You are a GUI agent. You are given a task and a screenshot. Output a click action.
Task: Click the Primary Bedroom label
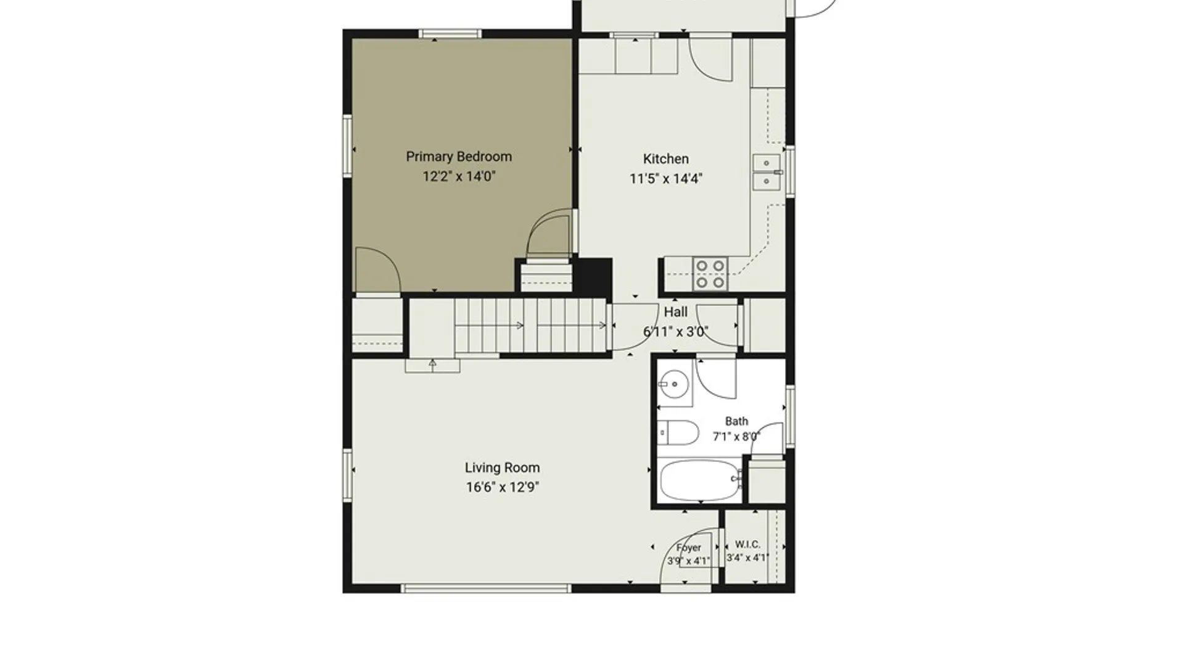pos(459,157)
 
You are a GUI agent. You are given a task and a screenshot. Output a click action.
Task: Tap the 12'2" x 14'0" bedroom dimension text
pos(459,176)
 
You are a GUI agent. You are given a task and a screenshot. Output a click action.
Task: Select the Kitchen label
pos(666,159)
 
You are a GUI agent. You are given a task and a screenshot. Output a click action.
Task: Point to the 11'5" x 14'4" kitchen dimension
pos(666,179)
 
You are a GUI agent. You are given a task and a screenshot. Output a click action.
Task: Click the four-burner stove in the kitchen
pos(710,274)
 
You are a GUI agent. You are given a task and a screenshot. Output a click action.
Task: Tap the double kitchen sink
pos(767,172)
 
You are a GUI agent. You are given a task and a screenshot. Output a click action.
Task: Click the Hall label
pos(676,312)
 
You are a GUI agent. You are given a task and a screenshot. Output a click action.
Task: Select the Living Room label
pos(502,468)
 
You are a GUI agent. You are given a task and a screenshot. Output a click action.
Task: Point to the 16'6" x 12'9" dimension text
pos(502,487)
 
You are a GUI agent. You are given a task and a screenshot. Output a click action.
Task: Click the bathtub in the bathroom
pos(701,480)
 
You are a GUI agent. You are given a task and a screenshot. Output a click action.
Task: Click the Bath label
pos(736,421)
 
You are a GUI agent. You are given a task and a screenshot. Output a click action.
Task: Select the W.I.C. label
pos(747,545)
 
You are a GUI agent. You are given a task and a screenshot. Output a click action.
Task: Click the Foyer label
pos(688,548)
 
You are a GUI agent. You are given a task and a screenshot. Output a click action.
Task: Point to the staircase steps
pos(532,326)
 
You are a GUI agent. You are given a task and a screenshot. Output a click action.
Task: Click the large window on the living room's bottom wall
pos(486,589)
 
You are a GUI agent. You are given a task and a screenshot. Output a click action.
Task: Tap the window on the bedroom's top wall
pos(450,34)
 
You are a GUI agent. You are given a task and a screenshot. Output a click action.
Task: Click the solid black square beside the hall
pos(593,276)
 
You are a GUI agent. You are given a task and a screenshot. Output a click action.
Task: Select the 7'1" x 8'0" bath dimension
pos(736,437)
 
